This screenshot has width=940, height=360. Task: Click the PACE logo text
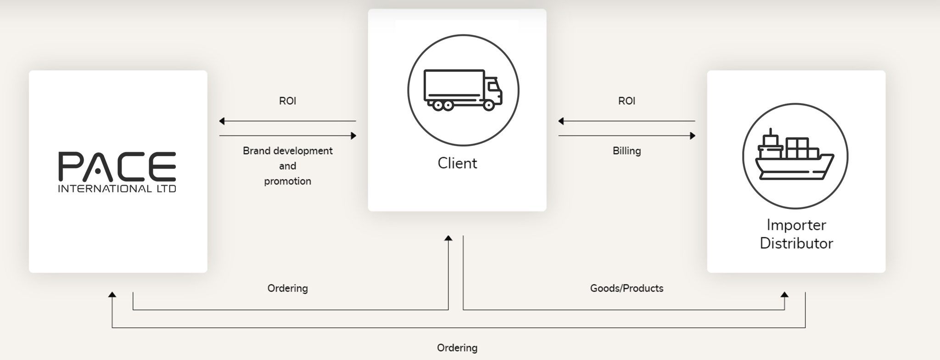(117, 166)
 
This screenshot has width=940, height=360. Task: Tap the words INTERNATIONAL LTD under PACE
(117, 189)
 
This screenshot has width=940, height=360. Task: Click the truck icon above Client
(463, 90)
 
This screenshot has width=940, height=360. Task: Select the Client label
(457, 163)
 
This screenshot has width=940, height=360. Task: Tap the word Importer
(796, 225)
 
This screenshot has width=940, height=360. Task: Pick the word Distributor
(796, 243)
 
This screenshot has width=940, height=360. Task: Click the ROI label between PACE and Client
(287, 101)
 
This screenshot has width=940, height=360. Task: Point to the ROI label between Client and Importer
(627, 101)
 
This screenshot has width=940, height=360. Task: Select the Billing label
(627, 151)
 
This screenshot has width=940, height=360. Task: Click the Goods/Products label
(627, 288)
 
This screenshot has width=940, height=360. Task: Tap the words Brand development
(287, 151)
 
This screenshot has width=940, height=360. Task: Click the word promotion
(287, 181)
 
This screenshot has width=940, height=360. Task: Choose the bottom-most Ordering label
(457, 348)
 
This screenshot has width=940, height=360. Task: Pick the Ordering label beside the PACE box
(287, 288)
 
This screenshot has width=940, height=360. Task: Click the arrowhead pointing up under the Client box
(448, 238)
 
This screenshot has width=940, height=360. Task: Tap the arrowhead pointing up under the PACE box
(112, 294)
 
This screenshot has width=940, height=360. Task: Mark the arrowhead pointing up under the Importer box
(784, 294)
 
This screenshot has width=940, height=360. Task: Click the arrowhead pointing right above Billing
(693, 136)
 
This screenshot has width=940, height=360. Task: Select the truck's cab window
(492, 86)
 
